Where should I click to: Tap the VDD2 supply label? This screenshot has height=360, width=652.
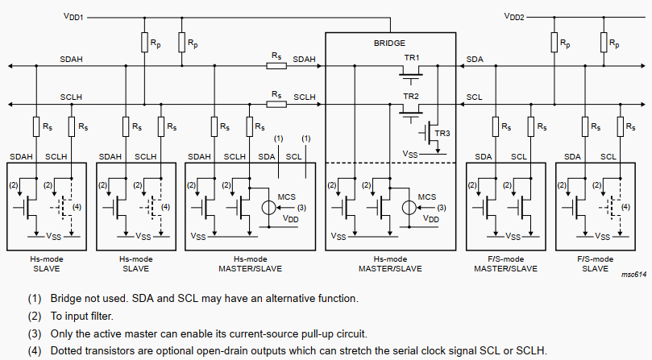513,15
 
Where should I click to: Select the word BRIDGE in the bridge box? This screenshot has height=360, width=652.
389,43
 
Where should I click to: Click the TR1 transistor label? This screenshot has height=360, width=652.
412,59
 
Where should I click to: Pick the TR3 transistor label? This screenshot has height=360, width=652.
442,134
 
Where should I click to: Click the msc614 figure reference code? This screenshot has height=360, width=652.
634,275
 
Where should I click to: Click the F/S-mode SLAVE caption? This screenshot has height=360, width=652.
596,263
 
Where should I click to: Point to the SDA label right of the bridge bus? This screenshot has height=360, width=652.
475,60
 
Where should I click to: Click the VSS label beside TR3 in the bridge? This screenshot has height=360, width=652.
409,152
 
